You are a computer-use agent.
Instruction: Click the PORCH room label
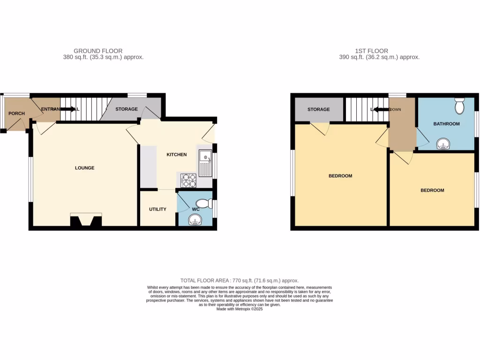click(17, 113)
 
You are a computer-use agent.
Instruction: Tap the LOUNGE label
click(85, 168)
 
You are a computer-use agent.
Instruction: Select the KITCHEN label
click(177, 155)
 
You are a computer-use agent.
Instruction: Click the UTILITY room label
click(157, 209)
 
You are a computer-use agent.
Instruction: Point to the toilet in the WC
click(206, 203)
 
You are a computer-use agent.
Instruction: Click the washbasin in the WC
click(194, 219)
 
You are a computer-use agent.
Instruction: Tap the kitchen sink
click(205, 163)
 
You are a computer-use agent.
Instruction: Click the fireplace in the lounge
click(86, 220)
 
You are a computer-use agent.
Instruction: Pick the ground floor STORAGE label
click(127, 109)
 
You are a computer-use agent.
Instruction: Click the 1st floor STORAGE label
click(319, 110)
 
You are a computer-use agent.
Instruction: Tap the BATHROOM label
click(446, 124)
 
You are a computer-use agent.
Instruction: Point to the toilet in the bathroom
click(459, 106)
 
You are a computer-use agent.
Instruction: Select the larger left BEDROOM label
click(340, 176)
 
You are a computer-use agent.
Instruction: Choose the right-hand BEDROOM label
click(432, 190)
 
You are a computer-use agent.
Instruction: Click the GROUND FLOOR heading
click(98, 51)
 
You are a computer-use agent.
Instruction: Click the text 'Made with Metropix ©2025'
click(240, 309)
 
